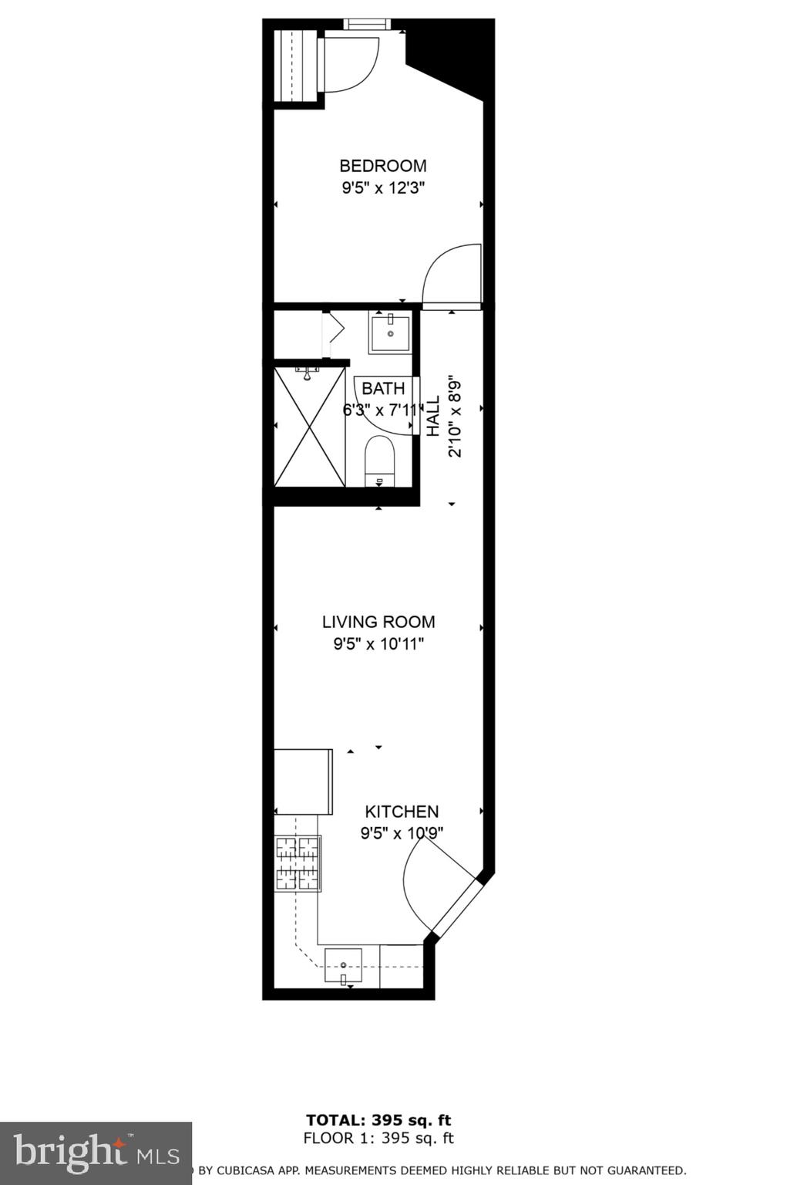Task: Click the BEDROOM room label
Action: [x=382, y=166]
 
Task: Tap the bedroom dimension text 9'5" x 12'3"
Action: [x=384, y=187]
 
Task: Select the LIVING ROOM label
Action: [x=378, y=622]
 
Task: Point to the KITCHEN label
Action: [x=402, y=812]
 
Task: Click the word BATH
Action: [x=383, y=388]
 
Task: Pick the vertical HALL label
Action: [x=433, y=416]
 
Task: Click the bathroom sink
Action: [x=390, y=333]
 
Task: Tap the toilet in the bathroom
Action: [x=378, y=461]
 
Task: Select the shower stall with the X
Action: [x=310, y=427]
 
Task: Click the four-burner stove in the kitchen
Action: [x=298, y=863]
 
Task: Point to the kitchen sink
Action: [x=343, y=965]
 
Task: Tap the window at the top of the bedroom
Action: [x=367, y=23]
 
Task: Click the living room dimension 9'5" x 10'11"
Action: [x=378, y=644]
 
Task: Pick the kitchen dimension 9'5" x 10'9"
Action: [x=402, y=833]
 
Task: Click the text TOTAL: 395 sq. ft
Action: [x=378, y=1120]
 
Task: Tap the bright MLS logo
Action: [x=96, y=1153]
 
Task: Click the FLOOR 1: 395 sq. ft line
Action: [x=378, y=1138]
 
